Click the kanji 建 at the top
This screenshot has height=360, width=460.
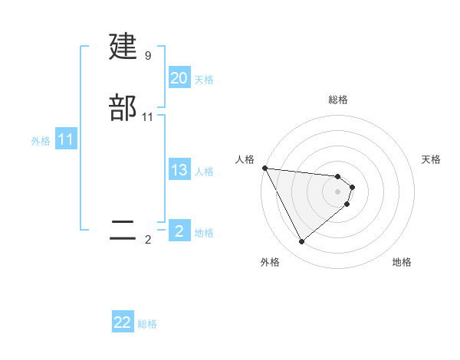[123, 47]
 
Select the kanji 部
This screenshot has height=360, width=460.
[123, 107]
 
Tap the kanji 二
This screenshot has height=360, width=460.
[123, 231]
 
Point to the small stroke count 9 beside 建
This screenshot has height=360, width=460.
[148, 56]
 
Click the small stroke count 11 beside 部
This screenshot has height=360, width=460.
[148, 116]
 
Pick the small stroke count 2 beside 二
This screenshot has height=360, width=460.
[148, 240]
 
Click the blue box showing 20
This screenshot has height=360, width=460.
[179, 78]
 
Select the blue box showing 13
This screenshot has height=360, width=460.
[179, 170]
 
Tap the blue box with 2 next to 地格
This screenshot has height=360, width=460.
[179, 231]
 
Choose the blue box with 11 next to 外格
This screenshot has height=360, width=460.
[66, 140]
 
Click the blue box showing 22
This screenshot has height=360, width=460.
[123, 322]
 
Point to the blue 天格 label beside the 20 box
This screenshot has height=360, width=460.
[204, 80]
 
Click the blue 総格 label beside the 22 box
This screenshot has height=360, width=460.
[147, 324]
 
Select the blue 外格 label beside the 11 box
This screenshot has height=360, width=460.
[41, 141]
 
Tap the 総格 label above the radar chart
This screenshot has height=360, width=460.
[337, 100]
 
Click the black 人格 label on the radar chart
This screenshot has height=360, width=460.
[245, 159]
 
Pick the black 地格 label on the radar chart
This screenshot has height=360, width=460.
[402, 262]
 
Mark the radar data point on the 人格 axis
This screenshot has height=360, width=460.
[264, 168]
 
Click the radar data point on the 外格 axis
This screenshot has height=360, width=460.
[301, 242]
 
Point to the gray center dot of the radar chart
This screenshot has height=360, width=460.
[337, 191]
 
